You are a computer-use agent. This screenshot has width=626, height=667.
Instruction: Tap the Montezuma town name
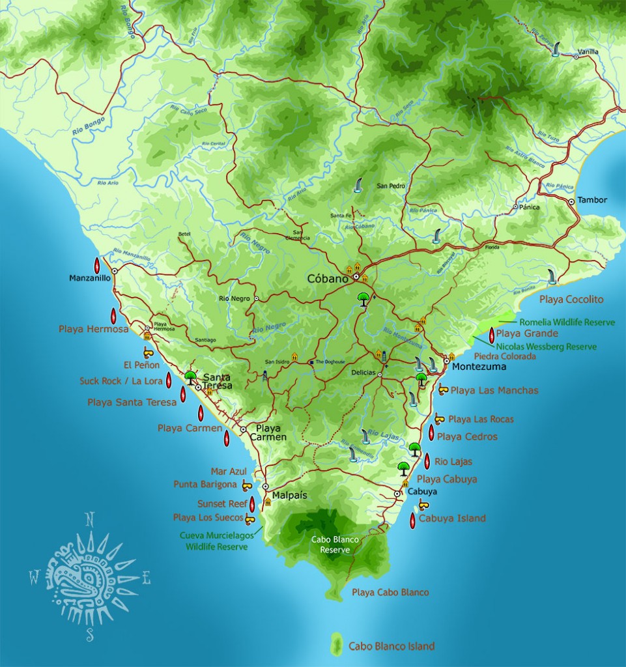tap(479, 367)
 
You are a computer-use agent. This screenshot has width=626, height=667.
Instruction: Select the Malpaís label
tap(289, 495)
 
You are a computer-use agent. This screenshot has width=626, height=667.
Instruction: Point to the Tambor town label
tap(592, 200)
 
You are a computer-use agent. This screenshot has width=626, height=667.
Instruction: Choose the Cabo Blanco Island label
tap(391, 647)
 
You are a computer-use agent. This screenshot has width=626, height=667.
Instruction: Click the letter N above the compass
tap(90, 519)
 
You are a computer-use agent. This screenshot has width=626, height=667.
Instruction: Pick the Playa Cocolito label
tap(571, 300)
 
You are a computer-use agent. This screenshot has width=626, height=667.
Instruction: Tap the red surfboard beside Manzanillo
tap(97, 265)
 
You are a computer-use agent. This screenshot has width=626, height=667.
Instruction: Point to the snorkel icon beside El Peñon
tap(149, 353)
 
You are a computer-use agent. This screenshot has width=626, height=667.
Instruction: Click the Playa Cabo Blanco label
tap(390, 593)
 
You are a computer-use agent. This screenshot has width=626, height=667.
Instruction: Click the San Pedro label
tap(391, 186)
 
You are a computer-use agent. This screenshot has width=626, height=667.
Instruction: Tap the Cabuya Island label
tap(452, 518)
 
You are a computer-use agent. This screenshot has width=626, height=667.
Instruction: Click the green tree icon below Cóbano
tap(363, 300)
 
